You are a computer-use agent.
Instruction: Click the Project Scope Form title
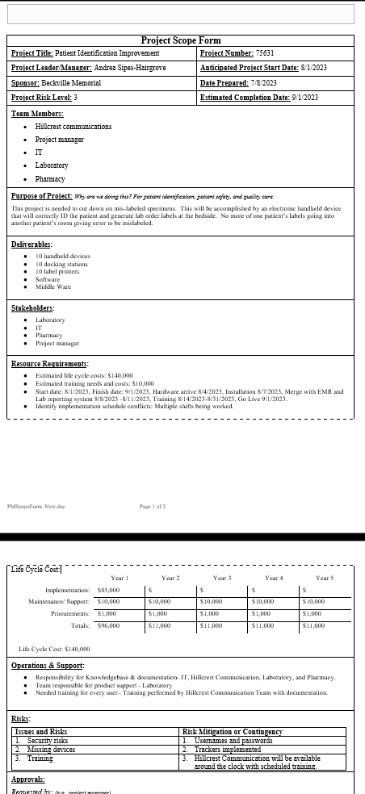[x=181, y=40]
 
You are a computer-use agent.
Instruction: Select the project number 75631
[x=265, y=53]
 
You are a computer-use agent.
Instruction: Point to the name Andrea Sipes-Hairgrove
[x=130, y=68]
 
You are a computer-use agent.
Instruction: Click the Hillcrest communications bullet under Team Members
[x=73, y=127]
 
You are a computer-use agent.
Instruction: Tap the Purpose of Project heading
[x=41, y=196]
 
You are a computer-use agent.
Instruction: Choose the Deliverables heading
[x=32, y=244]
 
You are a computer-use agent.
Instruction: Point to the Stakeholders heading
[x=33, y=308]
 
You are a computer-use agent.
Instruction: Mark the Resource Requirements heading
[x=49, y=364]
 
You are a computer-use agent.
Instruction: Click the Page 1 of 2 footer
[x=152, y=506]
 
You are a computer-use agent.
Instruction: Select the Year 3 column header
[x=222, y=579]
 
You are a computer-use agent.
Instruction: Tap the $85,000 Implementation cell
[x=108, y=591]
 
